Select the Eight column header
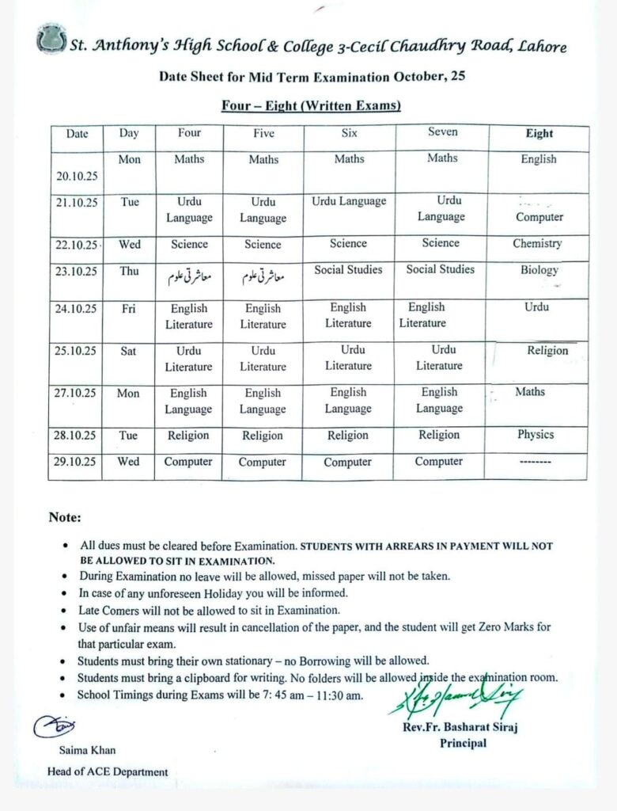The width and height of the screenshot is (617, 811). [x=539, y=134]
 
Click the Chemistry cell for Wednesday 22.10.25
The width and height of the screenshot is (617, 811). [x=537, y=244]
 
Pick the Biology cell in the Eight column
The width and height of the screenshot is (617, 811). [x=539, y=270]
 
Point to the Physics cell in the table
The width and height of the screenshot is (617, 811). [x=536, y=435]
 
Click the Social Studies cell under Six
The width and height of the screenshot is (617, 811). [x=348, y=270]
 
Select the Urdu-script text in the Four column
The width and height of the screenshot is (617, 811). [x=188, y=278]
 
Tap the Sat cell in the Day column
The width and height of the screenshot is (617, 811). [x=128, y=351]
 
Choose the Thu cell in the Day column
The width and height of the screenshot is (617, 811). [x=129, y=271]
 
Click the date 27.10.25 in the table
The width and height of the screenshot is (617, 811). [x=77, y=394]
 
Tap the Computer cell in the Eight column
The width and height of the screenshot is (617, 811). [x=539, y=217]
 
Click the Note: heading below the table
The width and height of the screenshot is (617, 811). [x=65, y=518]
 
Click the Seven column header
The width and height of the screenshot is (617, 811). [x=442, y=132]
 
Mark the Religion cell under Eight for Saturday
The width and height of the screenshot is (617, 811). [x=547, y=351]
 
